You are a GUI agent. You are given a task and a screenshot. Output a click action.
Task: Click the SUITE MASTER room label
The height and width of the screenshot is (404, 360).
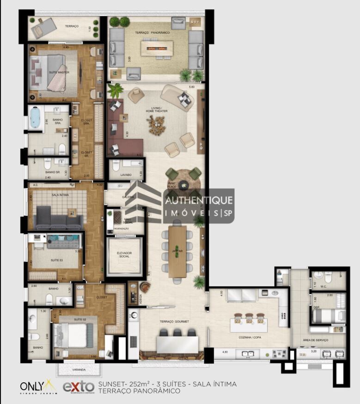[x=56, y=73]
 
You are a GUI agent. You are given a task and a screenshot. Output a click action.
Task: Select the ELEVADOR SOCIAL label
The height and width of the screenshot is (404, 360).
[x=124, y=255]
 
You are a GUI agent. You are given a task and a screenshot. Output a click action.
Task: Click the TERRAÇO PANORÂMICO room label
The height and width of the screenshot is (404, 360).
[x=152, y=33]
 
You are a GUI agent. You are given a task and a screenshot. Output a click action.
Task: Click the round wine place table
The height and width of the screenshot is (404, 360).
[x=184, y=186]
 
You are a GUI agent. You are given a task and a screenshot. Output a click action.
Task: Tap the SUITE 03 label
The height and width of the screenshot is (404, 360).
[x=56, y=260]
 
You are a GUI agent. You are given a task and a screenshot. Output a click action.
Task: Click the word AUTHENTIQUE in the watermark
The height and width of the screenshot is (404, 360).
[x=199, y=201]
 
